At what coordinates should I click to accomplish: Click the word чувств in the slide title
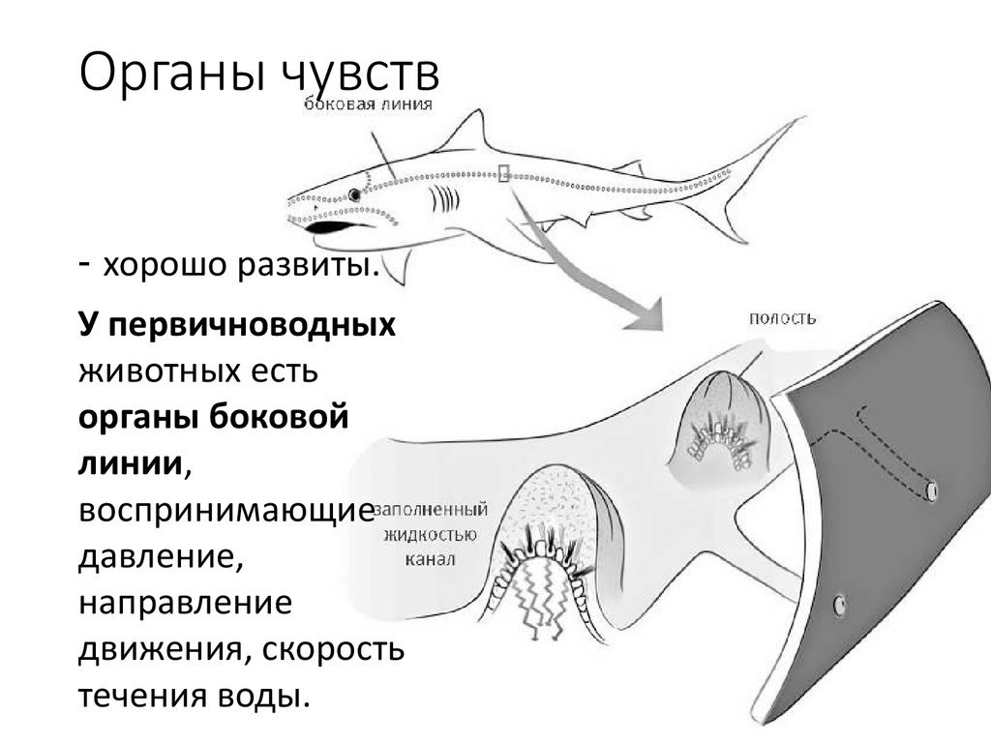click(359, 74)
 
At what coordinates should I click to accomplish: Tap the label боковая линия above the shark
click(369, 104)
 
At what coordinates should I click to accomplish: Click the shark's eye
click(354, 194)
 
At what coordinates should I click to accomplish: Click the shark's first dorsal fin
click(466, 132)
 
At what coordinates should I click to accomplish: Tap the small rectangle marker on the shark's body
click(503, 172)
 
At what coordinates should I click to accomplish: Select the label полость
click(782, 318)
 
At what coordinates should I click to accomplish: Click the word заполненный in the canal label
click(432, 510)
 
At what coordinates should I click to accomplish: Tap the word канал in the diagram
click(430, 559)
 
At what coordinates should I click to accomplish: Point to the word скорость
click(333, 649)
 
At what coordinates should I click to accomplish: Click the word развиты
click(309, 265)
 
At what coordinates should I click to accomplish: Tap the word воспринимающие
click(226, 512)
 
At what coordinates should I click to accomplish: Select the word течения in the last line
click(143, 697)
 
